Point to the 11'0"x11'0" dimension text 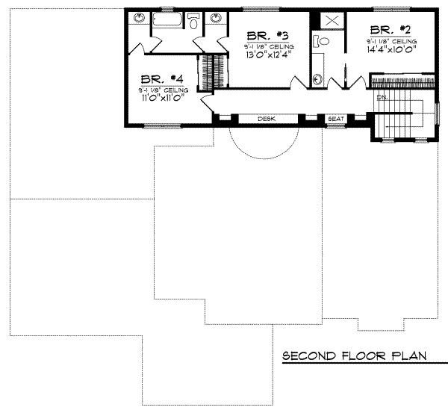(161, 97)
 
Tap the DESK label (267, 119)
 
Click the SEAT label (333, 119)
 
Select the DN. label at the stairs (382, 98)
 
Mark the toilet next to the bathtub (193, 23)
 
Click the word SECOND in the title (304, 357)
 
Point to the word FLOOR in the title (359, 357)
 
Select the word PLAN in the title (408, 357)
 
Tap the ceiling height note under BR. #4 (161, 89)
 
